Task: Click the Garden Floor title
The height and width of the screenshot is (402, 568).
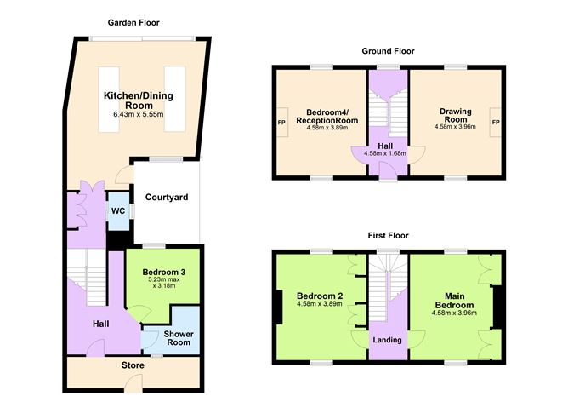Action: pyautogui.click(x=134, y=22)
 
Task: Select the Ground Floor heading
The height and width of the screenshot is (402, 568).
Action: pyautogui.click(x=388, y=51)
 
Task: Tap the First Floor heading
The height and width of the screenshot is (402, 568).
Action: pyautogui.click(x=388, y=235)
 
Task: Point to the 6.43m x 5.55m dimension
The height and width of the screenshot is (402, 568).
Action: pyautogui.click(x=134, y=114)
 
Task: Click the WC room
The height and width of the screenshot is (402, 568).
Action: pyautogui.click(x=117, y=210)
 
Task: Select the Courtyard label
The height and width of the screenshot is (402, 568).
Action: pyautogui.click(x=167, y=198)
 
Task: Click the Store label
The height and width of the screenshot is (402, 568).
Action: pyautogui.click(x=133, y=370)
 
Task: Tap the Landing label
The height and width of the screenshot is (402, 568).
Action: pyautogui.click(x=387, y=339)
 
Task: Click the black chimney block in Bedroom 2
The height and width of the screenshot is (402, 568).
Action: pyautogui.click(x=279, y=307)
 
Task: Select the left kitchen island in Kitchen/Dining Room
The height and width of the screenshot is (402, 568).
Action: pyautogui.click(x=108, y=98)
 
